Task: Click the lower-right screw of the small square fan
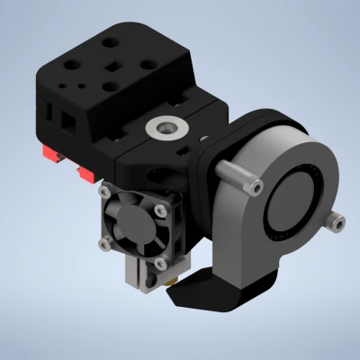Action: click(159, 263)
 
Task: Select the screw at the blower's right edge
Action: click(339, 218)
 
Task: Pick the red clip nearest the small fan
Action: click(87, 172)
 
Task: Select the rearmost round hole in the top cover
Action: click(111, 41)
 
